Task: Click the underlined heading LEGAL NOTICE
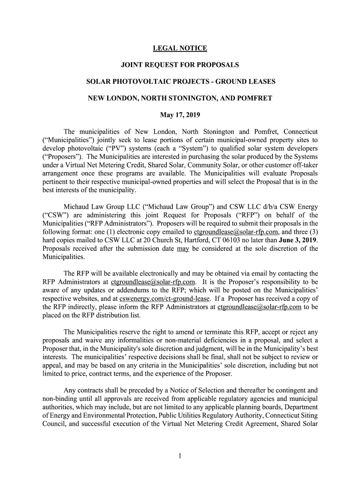pyautogui.click(x=180, y=48)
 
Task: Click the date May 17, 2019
pyautogui.click(x=180, y=115)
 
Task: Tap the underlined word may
pyautogui.click(x=183, y=248)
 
